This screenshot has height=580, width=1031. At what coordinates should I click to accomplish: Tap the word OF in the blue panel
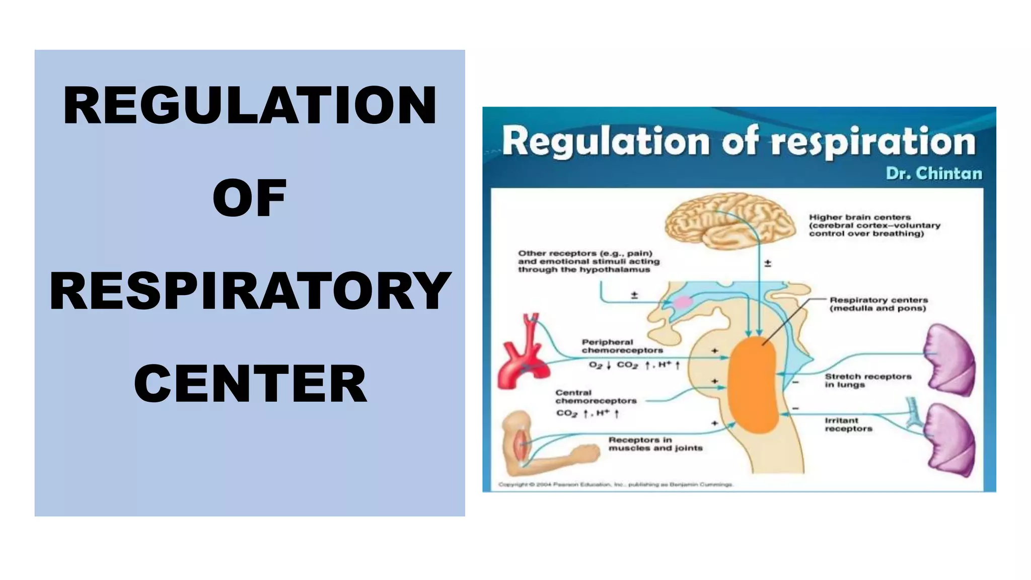click(x=249, y=198)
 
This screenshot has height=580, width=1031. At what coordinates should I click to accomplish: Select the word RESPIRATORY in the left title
click(x=250, y=291)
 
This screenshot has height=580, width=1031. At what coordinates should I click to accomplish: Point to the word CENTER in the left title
click(x=250, y=384)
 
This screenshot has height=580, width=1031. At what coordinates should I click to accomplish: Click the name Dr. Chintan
click(x=934, y=173)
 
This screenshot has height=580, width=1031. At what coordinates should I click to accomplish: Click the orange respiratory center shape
click(x=753, y=385)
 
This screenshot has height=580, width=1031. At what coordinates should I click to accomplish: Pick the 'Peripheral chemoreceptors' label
click(x=622, y=346)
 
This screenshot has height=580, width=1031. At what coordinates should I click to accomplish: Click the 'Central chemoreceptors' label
click(x=596, y=397)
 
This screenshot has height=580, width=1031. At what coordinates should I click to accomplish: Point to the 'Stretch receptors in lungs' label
click(x=868, y=380)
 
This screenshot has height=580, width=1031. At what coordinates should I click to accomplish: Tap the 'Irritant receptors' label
click(x=848, y=424)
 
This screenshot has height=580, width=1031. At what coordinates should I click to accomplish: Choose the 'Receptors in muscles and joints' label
click(x=655, y=444)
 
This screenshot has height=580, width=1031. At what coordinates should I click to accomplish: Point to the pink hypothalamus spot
click(x=683, y=302)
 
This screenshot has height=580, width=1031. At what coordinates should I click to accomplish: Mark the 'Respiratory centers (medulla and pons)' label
click(x=878, y=304)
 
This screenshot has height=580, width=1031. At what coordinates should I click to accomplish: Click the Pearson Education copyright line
click(x=615, y=484)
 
